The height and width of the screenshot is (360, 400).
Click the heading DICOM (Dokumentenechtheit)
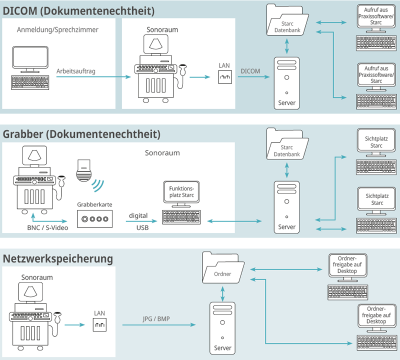point(78,10)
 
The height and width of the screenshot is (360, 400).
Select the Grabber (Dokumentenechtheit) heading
point(81,134)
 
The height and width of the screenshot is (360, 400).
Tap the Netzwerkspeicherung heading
point(57,259)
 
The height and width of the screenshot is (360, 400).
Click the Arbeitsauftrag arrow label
point(75,71)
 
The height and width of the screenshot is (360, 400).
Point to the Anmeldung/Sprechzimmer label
point(57,29)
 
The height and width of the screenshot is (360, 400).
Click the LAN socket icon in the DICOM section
point(224,77)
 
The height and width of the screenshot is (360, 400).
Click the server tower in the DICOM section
point(286,82)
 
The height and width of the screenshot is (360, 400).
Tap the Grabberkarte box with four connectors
point(94,219)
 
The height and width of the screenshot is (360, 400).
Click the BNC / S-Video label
point(47,228)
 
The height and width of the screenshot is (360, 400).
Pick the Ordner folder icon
point(222,268)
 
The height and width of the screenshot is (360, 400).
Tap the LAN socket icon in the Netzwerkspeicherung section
point(99,325)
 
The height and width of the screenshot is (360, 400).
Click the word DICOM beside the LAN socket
point(250,71)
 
